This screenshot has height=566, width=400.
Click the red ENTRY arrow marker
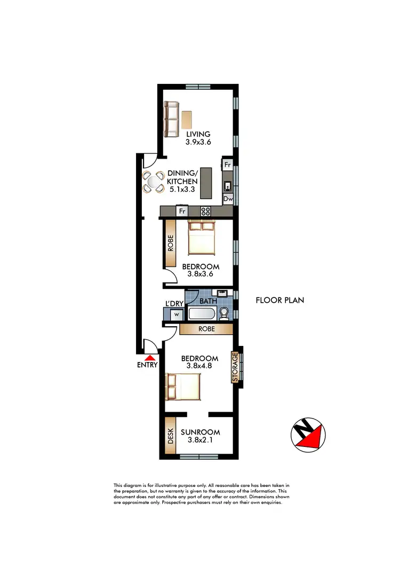(x=151, y=358)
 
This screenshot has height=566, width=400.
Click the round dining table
(x=154, y=182)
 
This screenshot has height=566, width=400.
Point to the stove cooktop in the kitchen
(x=206, y=210)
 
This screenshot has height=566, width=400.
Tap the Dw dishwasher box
(x=228, y=199)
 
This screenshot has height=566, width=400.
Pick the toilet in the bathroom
(x=224, y=313)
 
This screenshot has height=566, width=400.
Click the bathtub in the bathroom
(x=200, y=313)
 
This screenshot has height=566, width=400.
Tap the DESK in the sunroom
(x=171, y=439)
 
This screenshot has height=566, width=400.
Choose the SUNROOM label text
(x=200, y=433)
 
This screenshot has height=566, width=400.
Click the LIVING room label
(x=198, y=134)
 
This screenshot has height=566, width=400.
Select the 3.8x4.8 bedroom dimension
(x=199, y=367)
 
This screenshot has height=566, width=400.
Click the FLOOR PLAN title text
(x=280, y=300)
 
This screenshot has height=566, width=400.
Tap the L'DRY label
(x=174, y=304)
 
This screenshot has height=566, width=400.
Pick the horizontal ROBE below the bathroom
(x=206, y=329)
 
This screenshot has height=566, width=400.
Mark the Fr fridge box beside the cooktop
(x=181, y=211)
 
